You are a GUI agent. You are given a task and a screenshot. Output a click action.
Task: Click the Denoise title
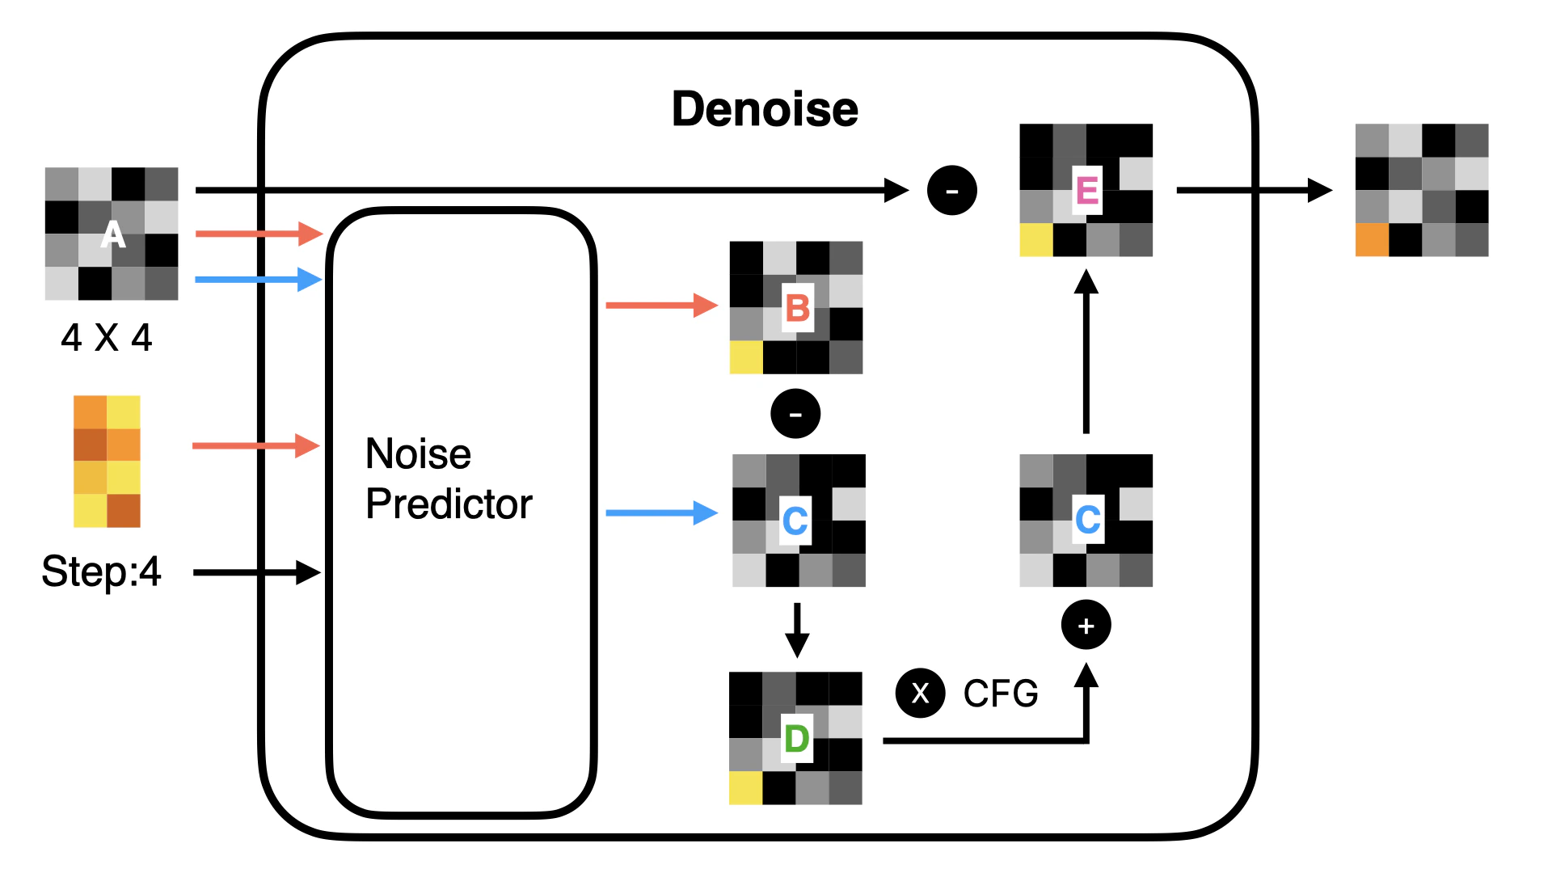coord(765,110)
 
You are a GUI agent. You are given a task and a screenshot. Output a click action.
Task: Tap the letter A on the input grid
coord(113,235)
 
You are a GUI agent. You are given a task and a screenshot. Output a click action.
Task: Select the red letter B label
coord(797,308)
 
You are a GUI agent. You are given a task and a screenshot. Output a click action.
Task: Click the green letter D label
coord(796,738)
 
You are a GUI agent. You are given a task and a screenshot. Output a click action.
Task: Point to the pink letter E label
coord(1086,191)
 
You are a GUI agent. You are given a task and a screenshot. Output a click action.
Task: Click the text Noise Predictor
coord(449,479)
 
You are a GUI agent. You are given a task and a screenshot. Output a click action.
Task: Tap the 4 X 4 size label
coord(107,338)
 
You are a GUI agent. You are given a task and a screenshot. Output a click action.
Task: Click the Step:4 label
coord(101,572)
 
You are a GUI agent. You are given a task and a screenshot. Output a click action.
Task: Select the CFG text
coord(1001,694)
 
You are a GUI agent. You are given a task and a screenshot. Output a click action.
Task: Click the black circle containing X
coord(920,694)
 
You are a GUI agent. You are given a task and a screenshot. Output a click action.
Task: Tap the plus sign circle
coord(1086,625)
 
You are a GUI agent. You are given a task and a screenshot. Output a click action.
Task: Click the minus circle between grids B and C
coord(795,414)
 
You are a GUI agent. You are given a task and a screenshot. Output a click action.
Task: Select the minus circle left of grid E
coord(951,191)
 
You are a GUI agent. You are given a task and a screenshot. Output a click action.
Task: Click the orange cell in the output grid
coord(1372,240)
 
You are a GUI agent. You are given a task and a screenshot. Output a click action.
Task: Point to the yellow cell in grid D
coord(745,788)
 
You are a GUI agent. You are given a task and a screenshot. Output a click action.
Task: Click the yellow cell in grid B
coord(746,357)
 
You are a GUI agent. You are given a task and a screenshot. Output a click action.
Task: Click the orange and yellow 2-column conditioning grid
coord(107,462)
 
